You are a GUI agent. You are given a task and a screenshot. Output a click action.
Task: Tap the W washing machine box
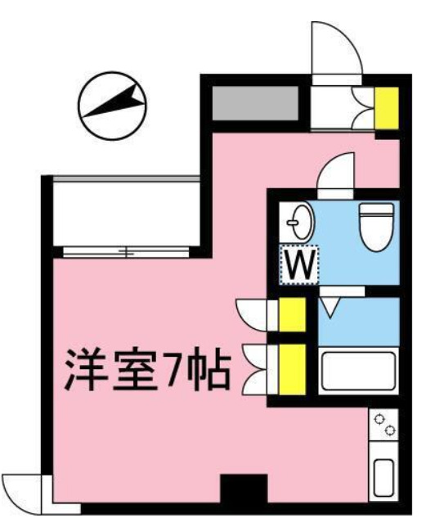pos(300,264)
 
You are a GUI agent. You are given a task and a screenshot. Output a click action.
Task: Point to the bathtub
pos(359,370)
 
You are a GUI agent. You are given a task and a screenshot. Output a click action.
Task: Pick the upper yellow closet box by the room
pos(291,316)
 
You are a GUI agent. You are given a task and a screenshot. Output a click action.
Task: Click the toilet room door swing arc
pos(336,173)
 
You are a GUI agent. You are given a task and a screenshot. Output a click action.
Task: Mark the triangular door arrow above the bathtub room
pos(331,307)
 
